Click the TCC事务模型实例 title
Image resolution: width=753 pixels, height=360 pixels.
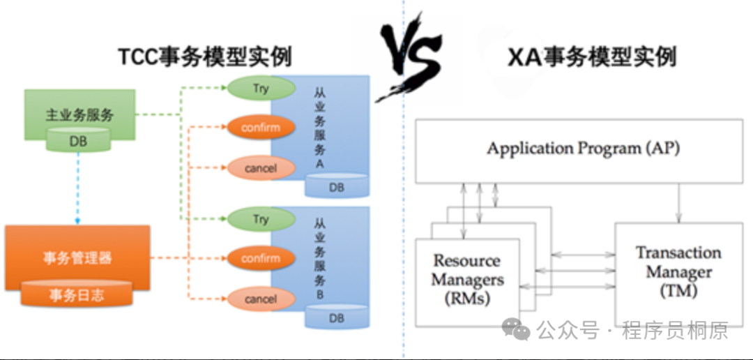[204, 56]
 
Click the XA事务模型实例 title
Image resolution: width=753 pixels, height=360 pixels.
[592, 56]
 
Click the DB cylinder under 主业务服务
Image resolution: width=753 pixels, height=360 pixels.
[78, 142]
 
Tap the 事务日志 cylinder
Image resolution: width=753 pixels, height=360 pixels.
[77, 294]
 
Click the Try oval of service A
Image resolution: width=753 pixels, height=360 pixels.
[260, 89]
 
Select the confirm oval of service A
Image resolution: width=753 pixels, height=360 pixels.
[260, 128]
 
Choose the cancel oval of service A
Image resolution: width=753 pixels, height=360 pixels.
[260, 168]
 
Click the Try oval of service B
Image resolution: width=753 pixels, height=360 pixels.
[260, 219]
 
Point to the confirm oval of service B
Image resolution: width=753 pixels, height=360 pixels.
[260, 258]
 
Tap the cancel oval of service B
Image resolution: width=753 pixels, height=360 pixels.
[260, 299]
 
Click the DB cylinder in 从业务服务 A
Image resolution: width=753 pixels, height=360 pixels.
[337, 187]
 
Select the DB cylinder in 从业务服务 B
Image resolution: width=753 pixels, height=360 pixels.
[337, 318]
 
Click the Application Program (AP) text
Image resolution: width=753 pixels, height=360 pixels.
[583, 149]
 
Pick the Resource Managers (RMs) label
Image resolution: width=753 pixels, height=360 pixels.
[467, 279]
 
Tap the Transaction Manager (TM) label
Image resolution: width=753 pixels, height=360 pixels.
[678, 271]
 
